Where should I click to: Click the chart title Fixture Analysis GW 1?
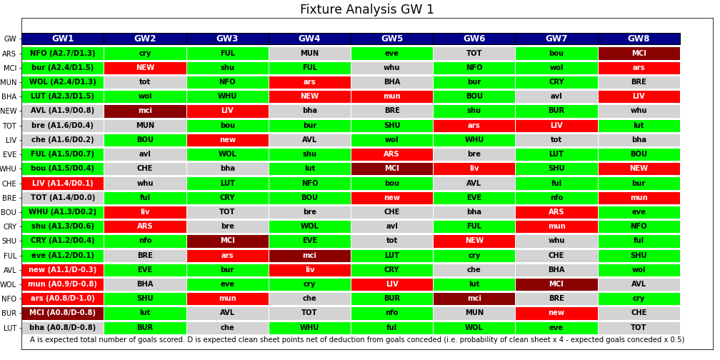pyautogui.click(x=366, y=10)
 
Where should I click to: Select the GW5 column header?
pyautogui.click(x=391, y=39)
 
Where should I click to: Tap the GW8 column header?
pyautogui.click(x=639, y=39)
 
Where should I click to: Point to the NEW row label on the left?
pyautogui.click(x=9, y=111)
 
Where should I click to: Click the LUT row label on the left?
pyautogui.click(x=10, y=329)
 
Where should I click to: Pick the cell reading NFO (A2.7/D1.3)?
pyautogui.click(x=63, y=54)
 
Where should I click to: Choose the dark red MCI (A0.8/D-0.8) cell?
pyautogui.click(x=63, y=313)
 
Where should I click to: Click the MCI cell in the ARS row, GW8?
pyautogui.click(x=639, y=54)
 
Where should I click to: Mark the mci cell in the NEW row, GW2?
pyautogui.click(x=145, y=111)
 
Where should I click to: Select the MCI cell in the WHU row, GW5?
pyautogui.click(x=391, y=169)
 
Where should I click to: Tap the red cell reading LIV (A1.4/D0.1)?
pyautogui.click(x=63, y=184)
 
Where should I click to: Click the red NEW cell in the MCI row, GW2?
pyautogui.click(x=145, y=68)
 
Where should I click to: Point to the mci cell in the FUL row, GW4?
pyautogui.click(x=309, y=256)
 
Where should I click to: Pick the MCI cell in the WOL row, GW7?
pyautogui.click(x=556, y=284)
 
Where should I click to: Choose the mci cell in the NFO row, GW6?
pyautogui.click(x=474, y=299)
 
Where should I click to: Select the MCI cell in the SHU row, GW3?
pyautogui.click(x=227, y=241)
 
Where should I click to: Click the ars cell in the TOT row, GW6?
pyautogui.click(x=474, y=126)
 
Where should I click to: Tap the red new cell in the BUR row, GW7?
pyautogui.click(x=556, y=313)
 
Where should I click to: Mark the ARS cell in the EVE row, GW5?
pyautogui.click(x=391, y=154)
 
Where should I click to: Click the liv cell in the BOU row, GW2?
pyautogui.click(x=145, y=212)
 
